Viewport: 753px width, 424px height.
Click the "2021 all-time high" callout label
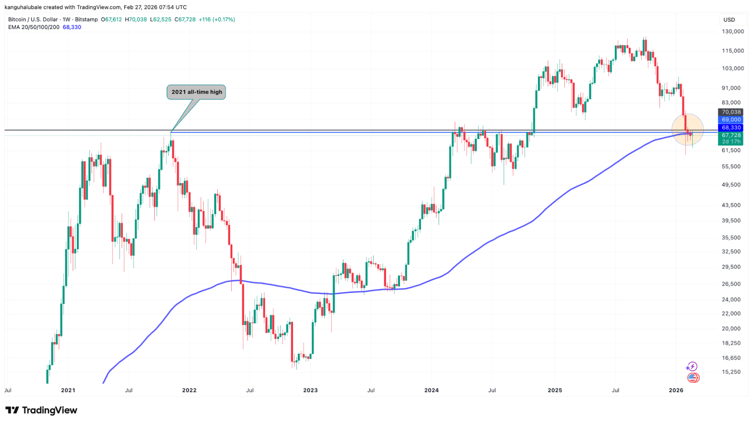point(196,92)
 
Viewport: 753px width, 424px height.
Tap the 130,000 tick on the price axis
point(733,32)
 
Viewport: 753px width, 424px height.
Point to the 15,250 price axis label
point(731,372)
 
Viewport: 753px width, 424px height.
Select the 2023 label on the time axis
point(310,390)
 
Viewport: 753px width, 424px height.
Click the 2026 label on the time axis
point(676,390)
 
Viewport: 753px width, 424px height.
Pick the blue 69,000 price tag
point(731,120)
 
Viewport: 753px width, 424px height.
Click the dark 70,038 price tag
point(731,112)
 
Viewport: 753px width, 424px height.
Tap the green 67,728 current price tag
point(731,136)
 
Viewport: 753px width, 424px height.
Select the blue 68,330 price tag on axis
point(731,128)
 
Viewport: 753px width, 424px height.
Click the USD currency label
point(729,20)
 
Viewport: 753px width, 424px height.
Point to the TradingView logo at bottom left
point(41,410)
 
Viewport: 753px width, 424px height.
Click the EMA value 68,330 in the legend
point(72,27)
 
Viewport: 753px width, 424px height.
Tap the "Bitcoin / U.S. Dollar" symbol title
point(33,20)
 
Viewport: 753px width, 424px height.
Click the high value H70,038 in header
point(136,20)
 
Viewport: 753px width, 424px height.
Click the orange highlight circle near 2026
point(687,130)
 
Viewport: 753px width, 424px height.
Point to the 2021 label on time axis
point(68,390)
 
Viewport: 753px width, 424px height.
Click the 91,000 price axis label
point(731,88)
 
